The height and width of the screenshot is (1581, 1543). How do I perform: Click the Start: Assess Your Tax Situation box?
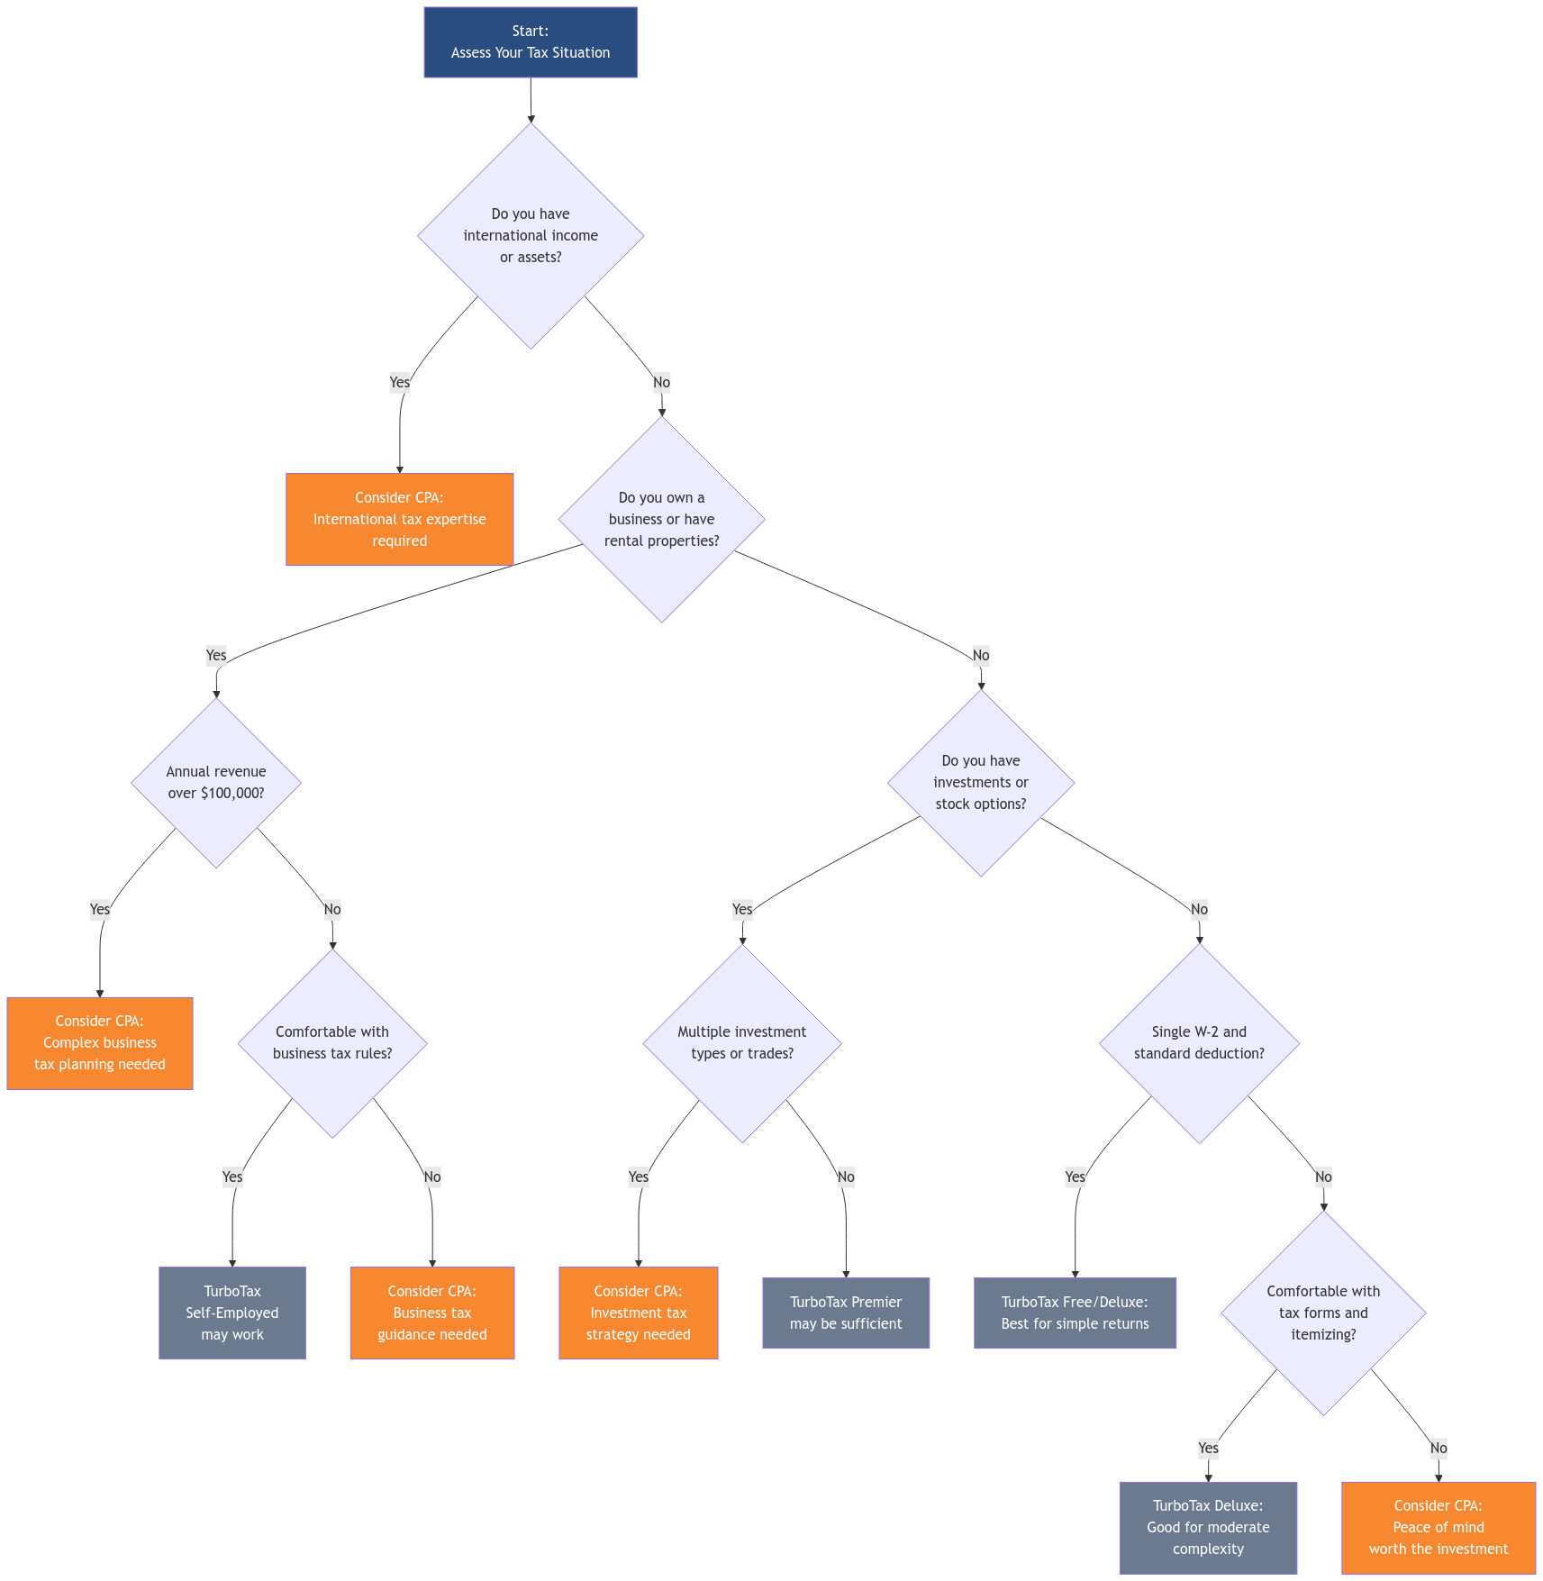click(x=531, y=42)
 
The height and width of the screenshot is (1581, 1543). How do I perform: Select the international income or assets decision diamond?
click(x=531, y=236)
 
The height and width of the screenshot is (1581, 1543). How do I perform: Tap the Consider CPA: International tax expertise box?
click(x=399, y=520)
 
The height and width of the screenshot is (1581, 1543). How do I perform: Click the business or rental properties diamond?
click(x=661, y=520)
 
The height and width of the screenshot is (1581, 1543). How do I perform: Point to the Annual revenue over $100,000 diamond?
click(x=216, y=782)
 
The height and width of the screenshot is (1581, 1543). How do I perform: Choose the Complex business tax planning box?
click(x=100, y=1043)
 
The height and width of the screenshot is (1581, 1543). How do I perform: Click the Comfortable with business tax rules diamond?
click(x=332, y=1043)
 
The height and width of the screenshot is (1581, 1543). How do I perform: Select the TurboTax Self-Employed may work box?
click(x=232, y=1313)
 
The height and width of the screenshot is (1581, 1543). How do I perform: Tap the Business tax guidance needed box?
click(x=432, y=1313)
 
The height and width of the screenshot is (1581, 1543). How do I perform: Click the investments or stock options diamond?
click(x=981, y=782)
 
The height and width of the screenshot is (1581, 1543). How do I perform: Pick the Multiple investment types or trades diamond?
click(x=742, y=1043)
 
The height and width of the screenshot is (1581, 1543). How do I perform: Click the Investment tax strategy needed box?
click(x=639, y=1313)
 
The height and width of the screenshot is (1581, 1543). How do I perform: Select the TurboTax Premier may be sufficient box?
click(x=846, y=1313)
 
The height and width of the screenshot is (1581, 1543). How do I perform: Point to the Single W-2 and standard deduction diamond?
click(x=1199, y=1043)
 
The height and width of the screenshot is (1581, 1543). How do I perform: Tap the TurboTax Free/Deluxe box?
click(x=1075, y=1313)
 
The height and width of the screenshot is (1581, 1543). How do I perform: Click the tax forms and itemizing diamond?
click(x=1323, y=1313)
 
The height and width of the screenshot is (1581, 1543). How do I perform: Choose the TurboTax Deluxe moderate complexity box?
click(x=1208, y=1528)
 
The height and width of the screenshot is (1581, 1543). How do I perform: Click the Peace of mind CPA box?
click(x=1439, y=1528)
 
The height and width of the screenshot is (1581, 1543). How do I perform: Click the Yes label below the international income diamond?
click(x=399, y=382)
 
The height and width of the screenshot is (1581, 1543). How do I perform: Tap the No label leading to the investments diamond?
click(x=981, y=655)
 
